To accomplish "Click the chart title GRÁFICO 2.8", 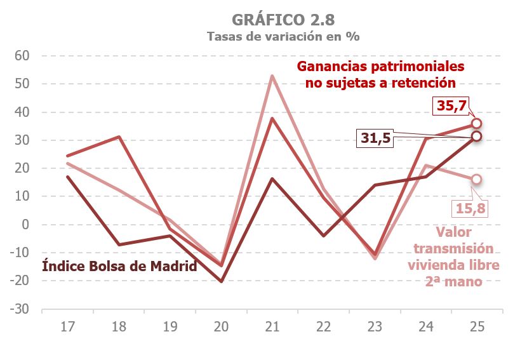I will tap(283, 19).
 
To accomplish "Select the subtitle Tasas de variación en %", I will tap(283, 36).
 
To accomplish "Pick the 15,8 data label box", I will tap(470, 208).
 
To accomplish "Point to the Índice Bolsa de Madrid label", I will tap(119, 266).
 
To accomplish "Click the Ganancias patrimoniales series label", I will tap(381, 74).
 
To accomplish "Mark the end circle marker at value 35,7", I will tap(477, 123).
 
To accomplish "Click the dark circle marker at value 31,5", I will tap(477, 136).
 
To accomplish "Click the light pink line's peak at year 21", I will tap(272, 76).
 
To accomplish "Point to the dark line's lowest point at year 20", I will tap(220, 281).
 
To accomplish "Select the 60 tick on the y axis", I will tap(23, 56).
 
